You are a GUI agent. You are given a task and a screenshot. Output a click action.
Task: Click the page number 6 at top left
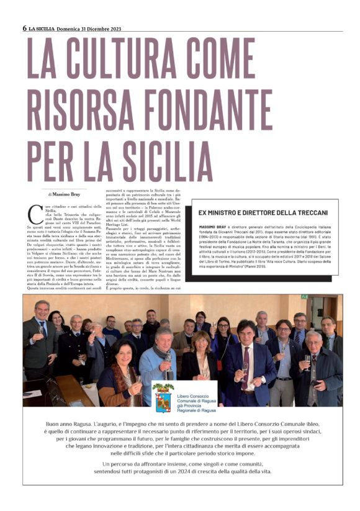[x=24, y=28]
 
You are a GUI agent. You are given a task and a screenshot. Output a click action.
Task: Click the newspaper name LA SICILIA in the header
[x=42, y=28]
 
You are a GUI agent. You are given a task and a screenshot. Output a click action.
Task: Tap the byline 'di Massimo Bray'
[x=67, y=195]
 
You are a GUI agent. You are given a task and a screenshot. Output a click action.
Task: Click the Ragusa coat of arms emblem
[x=163, y=397]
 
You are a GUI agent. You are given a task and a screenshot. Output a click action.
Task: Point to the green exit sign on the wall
[x=304, y=296]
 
